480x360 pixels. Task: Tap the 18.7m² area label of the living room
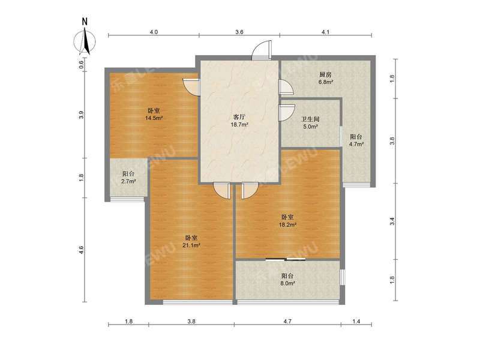coord(241,125)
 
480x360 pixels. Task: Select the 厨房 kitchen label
coord(325,75)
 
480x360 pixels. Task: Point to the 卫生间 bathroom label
coord(310,119)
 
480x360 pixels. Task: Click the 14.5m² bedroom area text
coord(154,118)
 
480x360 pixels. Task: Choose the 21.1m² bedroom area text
coord(191,245)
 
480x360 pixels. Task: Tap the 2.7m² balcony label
coord(127,181)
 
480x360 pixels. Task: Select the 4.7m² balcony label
coord(356,144)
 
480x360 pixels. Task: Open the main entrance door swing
coord(261,50)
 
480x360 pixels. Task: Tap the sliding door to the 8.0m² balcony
coord(287,259)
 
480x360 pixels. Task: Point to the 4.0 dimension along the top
coord(154,32)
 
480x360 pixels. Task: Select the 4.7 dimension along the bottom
coord(287,322)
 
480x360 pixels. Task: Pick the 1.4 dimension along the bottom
coord(356,322)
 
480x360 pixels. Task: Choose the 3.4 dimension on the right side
coord(392,221)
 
